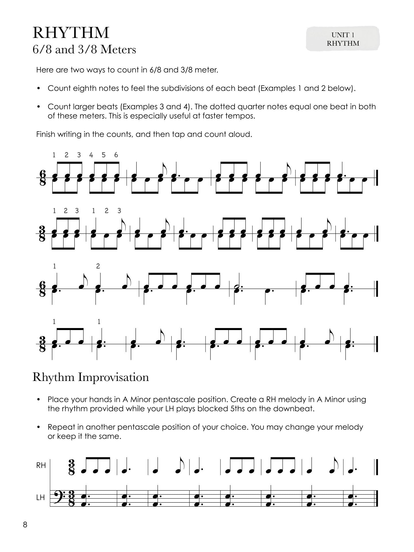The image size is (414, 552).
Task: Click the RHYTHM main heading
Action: click(x=71, y=33)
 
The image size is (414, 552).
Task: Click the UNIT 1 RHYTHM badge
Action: click(x=343, y=39)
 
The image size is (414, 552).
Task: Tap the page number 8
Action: click(x=25, y=525)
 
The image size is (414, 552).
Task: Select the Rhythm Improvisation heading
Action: click(x=91, y=377)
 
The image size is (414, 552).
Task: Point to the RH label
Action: click(x=41, y=473)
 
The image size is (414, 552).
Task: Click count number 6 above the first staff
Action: click(x=116, y=155)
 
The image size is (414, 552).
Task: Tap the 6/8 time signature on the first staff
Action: click(x=43, y=178)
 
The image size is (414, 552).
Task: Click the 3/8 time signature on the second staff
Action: click(x=43, y=233)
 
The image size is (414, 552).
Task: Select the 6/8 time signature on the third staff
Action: click(x=43, y=289)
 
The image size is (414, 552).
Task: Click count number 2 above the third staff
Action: click(x=98, y=266)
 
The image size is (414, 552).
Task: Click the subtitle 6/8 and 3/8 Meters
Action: click(x=84, y=50)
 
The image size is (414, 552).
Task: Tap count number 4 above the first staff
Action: click(x=91, y=155)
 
